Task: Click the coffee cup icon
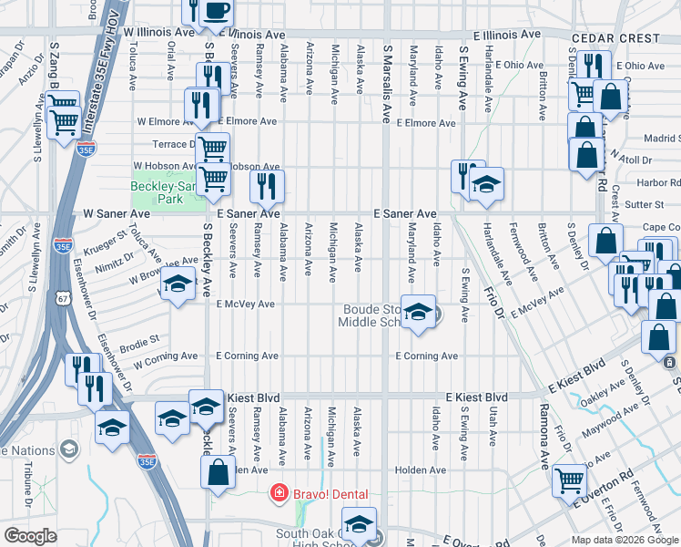click(216, 11)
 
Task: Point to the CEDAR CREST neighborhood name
click(615, 38)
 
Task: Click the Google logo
click(30, 536)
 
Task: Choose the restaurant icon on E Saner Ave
click(267, 187)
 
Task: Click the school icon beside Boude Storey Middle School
click(418, 313)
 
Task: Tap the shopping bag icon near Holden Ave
click(218, 472)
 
